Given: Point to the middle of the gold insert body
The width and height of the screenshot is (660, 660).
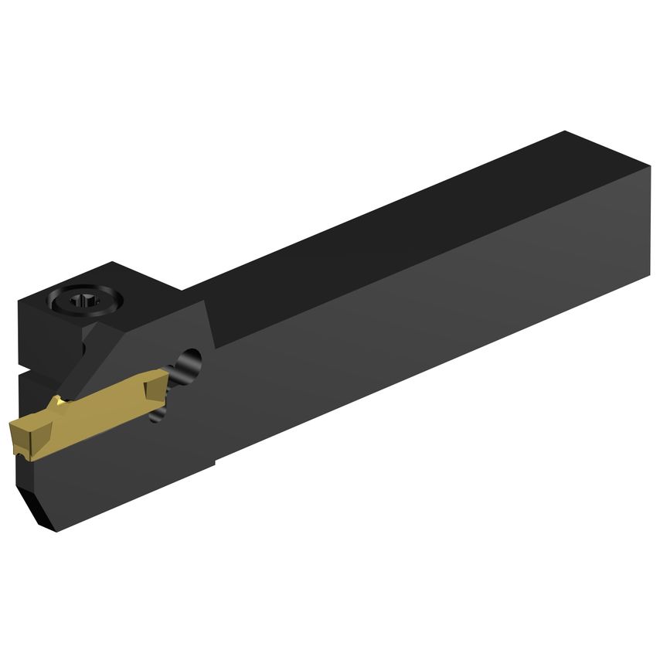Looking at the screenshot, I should [x=93, y=410].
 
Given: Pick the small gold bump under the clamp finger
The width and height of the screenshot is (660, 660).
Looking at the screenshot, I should [x=56, y=401].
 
